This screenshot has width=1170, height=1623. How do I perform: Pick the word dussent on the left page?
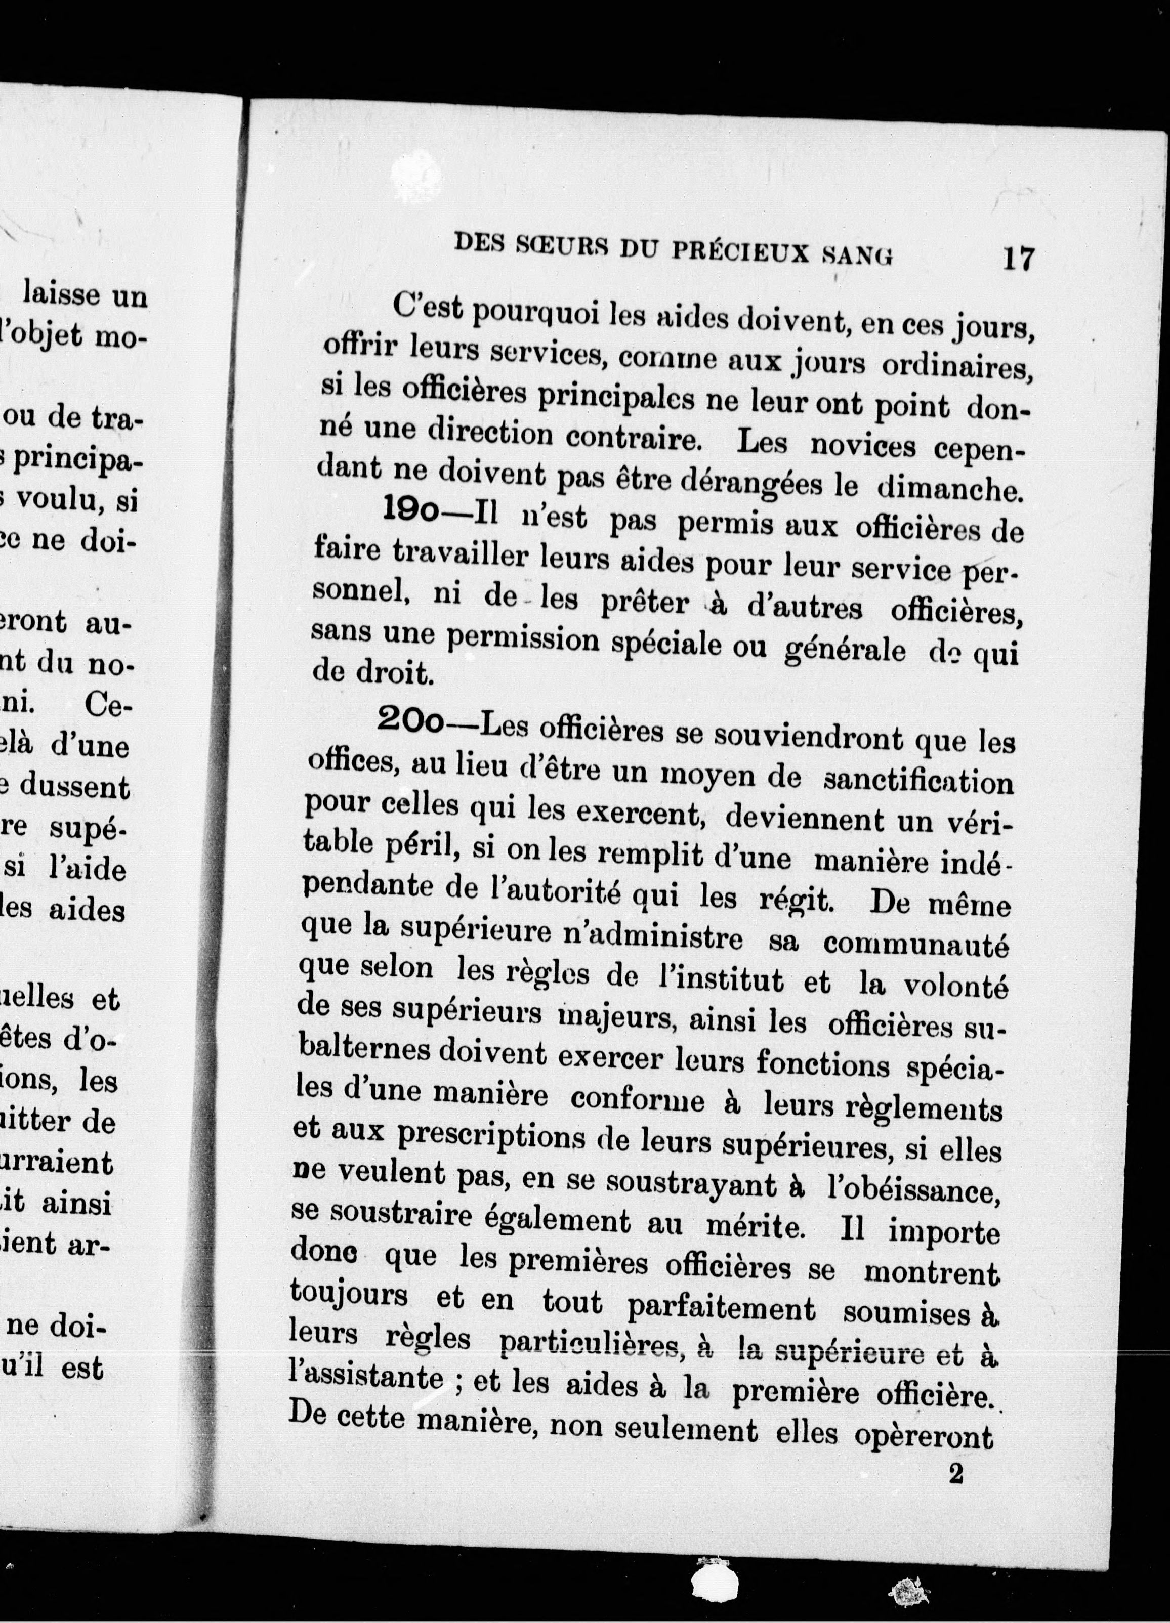click(74, 788)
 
